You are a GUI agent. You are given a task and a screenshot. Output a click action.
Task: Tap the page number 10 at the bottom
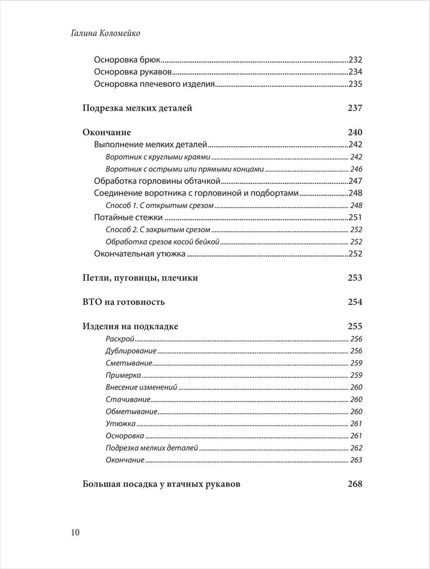click(x=75, y=532)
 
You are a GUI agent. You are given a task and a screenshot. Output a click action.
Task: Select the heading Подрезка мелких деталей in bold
click(x=137, y=108)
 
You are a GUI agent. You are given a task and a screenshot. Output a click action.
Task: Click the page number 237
click(x=354, y=108)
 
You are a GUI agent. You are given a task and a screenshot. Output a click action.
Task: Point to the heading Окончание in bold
click(x=107, y=133)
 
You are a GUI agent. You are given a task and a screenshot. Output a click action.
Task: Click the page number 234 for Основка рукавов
click(x=355, y=72)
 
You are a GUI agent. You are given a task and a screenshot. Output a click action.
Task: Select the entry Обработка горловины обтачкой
click(x=156, y=181)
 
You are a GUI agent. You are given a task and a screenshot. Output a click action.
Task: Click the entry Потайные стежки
click(x=128, y=217)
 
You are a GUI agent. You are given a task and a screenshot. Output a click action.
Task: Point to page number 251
click(x=355, y=217)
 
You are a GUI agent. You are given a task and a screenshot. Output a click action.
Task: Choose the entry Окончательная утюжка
click(x=140, y=253)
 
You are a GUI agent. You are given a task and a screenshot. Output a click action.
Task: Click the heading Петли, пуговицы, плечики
click(x=140, y=278)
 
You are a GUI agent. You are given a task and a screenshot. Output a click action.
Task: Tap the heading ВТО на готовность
click(x=124, y=302)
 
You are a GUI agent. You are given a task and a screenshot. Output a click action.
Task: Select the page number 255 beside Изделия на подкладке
click(x=354, y=327)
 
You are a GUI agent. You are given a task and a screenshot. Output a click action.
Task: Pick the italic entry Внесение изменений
click(x=142, y=387)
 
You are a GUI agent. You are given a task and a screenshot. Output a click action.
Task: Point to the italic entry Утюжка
click(x=120, y=423)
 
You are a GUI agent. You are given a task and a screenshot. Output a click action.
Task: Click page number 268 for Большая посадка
click(x=354, y=484)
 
